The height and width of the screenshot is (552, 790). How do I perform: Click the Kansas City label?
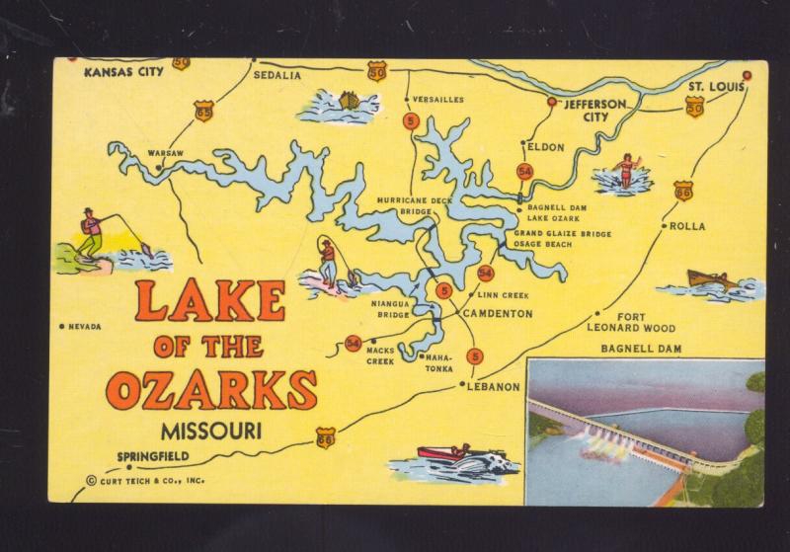pos(123,72)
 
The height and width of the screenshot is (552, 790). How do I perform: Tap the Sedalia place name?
pos(276,74)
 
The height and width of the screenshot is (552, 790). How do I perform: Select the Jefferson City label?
pos(592,110)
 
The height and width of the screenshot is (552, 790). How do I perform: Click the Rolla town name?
pos(687,226)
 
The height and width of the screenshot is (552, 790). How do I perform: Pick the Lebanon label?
pos(493,387)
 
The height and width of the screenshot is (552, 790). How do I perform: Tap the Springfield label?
pos(153,456)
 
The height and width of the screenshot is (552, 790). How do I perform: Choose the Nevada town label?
pos(85,326)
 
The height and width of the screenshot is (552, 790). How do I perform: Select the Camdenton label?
pos(498,314)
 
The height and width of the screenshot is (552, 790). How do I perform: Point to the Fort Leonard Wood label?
pos(631,322)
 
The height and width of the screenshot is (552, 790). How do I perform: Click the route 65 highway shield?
pos(204,111)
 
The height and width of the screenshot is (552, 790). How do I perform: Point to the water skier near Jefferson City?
pos(626,172)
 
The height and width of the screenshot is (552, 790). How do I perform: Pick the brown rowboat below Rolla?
pos(709,279)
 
